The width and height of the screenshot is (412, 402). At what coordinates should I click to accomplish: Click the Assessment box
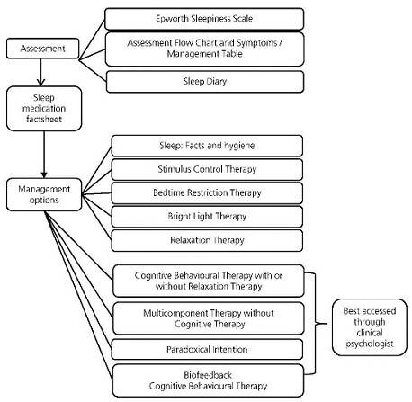click(42, 49)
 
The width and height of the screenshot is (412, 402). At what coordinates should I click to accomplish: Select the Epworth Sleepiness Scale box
click(204, 19)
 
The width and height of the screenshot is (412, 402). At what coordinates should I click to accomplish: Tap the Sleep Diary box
click(205, 82)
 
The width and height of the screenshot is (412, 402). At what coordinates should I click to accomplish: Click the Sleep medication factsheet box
click(44, 109)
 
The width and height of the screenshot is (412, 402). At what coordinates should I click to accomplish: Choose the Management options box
click(44, 194)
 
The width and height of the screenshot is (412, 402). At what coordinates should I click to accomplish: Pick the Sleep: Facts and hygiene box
click(207, 146)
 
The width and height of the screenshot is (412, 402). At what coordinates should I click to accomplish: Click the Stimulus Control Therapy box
click(207, 169)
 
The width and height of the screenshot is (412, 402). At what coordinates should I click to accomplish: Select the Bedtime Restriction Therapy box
click(207, 192)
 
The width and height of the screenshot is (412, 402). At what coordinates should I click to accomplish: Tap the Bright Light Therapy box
click(207, 217)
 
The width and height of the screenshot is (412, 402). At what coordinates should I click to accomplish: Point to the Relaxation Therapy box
click(207, 240)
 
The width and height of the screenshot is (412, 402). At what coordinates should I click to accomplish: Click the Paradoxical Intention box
click(207, 349)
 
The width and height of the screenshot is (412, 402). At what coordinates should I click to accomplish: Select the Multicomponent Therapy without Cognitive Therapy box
click(209, 318)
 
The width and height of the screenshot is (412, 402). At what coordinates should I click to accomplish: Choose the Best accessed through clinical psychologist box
click(370, 327)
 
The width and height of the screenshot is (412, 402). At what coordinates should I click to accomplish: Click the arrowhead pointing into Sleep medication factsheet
click(40, 82)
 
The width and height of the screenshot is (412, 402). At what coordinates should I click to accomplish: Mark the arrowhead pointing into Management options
click(44, 174)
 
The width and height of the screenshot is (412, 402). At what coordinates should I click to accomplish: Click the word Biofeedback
click(208, 375)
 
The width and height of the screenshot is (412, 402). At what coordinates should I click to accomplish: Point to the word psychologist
click(370, 344)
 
